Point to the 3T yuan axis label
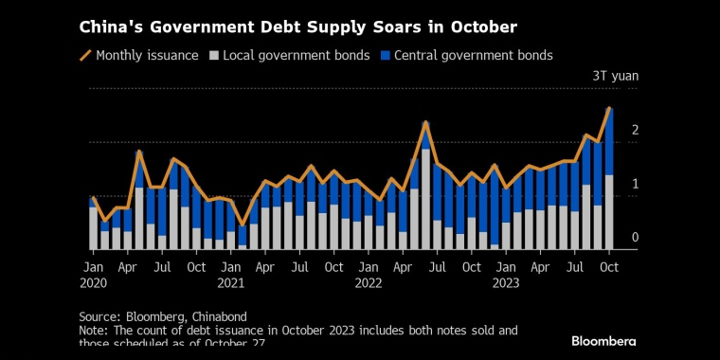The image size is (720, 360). tap(613, 76)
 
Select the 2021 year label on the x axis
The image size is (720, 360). tap(232, 282)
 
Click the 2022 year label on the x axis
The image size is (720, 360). tap(369, 282)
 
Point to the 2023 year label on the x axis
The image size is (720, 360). tap(506, 282)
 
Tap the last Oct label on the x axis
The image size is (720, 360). tap(608, 267)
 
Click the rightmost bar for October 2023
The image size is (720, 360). tap(609, 180)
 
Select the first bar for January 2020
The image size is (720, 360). tap(93, 224)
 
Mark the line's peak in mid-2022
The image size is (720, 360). tap(425, 122)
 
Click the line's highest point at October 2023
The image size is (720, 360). tap(609, 108)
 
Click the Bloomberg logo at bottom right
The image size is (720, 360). tap(603, 340)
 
